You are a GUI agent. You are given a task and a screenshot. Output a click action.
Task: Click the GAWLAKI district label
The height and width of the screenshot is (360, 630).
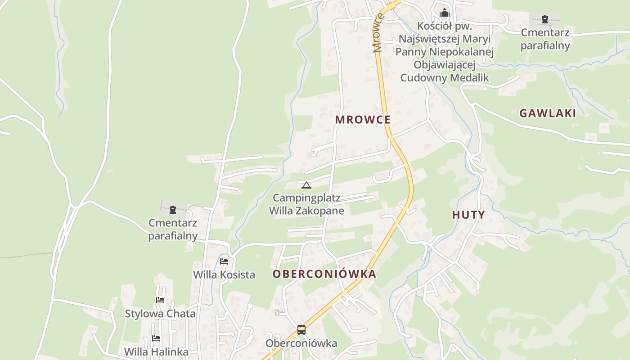pos(548,113)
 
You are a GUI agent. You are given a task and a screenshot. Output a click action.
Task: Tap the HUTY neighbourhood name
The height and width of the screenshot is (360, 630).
pos(468,215)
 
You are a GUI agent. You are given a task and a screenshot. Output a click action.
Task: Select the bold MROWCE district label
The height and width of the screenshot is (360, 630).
pos(363,120)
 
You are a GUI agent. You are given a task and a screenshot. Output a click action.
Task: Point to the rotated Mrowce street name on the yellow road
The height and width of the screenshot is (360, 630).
pos(378,33)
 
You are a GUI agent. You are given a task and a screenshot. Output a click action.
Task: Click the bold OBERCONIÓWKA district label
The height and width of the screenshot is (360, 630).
pos(324,274)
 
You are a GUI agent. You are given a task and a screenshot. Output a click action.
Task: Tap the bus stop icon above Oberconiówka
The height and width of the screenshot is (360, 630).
pos(301,330)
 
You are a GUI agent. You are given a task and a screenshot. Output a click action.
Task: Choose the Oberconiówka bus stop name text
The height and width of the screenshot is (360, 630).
pos(301,343)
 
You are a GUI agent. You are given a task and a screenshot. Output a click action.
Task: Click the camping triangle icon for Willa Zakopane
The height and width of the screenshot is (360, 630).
pos(306,185)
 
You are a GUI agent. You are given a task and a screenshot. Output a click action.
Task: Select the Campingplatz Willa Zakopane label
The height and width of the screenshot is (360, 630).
pos(306,204)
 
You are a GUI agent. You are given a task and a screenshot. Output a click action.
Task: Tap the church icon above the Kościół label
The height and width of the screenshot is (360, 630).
pos(445,13)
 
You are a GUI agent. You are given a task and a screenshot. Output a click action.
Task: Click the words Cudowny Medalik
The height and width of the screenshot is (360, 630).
pos(445,77)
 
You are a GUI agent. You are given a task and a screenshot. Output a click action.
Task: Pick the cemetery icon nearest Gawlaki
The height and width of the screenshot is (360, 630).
pos(545,19)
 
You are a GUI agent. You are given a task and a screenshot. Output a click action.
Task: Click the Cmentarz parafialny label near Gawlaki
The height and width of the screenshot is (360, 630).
pos(545,39)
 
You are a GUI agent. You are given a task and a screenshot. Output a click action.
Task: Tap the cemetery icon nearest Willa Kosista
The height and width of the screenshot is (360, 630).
pos(173,210)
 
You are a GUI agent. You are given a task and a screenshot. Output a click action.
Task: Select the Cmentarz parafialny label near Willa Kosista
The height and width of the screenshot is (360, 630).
pos(173,229)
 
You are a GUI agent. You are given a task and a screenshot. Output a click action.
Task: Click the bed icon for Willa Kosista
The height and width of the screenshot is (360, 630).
pos(224,261)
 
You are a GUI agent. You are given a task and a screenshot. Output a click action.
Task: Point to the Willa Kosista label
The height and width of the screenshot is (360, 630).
pos(224,274)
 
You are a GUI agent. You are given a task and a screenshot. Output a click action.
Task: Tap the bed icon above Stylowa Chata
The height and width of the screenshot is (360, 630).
pos(160,300)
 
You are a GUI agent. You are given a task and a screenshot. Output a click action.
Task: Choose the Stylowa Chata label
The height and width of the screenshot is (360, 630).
pos(160,314)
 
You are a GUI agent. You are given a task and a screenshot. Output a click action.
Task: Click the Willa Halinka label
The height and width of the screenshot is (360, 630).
pos(156,352)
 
